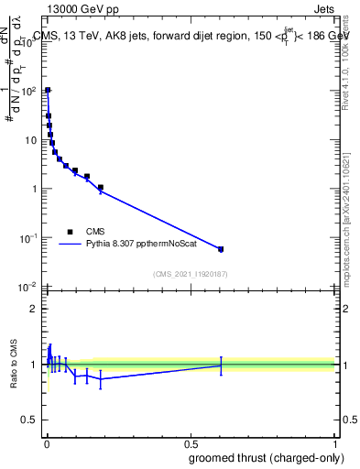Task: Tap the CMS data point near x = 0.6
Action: [221, 248]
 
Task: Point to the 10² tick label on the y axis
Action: [27, 92]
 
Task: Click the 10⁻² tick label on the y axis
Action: [27, 288]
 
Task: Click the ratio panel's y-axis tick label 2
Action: [33, 309]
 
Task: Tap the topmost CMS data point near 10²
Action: [48, 91]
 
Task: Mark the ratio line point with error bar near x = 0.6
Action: [221, 365]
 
